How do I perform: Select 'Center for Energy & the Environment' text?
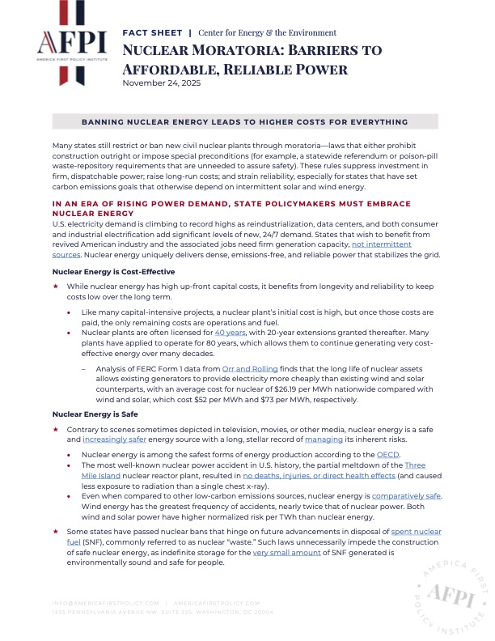pos(268,33)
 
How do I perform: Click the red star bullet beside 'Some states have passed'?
pos(56,531)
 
